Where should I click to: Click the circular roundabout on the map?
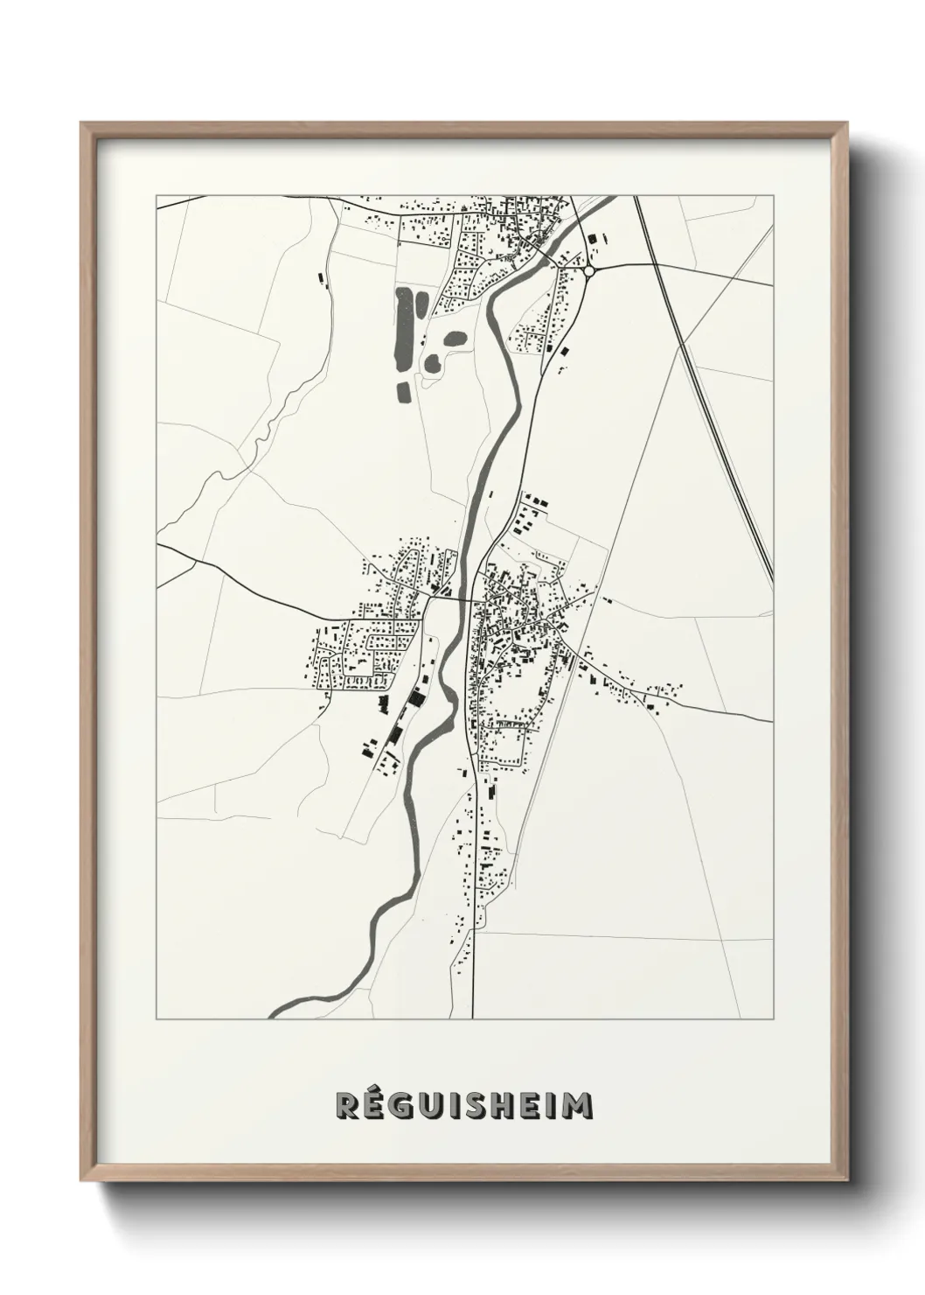(x=589, y=271)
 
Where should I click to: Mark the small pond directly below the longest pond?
(x=403, y=391)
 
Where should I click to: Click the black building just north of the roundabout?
(x=595, y=237)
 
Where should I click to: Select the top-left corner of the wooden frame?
(x=81, y=123)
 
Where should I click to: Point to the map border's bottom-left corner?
(x=156, y=1018)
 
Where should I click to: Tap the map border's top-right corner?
(x=774, y=196)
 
